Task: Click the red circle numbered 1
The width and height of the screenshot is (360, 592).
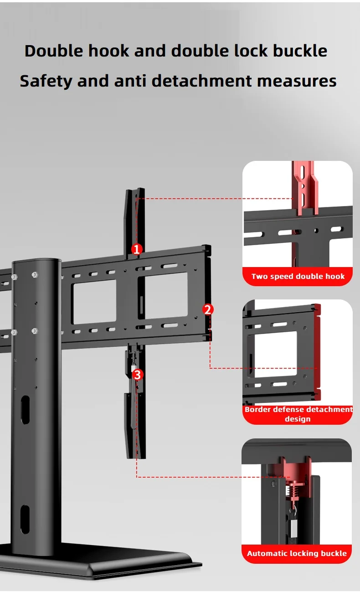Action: point(137,249)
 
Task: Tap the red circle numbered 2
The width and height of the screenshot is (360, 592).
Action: point(208,309)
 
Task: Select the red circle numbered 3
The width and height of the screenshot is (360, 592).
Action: point(138,375)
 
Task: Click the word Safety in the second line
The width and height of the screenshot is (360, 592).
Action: point(46,81)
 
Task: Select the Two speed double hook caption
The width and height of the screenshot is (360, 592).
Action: point(298,276)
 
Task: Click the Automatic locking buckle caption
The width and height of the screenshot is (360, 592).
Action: point(297,553)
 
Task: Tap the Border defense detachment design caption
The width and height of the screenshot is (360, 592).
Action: point(298,414)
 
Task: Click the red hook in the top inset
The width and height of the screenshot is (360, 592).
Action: point(305,188)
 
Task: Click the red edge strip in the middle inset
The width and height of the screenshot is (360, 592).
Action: point(318,352)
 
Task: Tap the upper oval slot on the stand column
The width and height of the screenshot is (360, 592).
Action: point(25,410)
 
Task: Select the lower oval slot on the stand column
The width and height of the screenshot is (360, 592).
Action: point(25,520)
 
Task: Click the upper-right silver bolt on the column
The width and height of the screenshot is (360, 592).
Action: point(34,275)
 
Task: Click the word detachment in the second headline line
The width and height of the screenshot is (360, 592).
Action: point(201,80)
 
